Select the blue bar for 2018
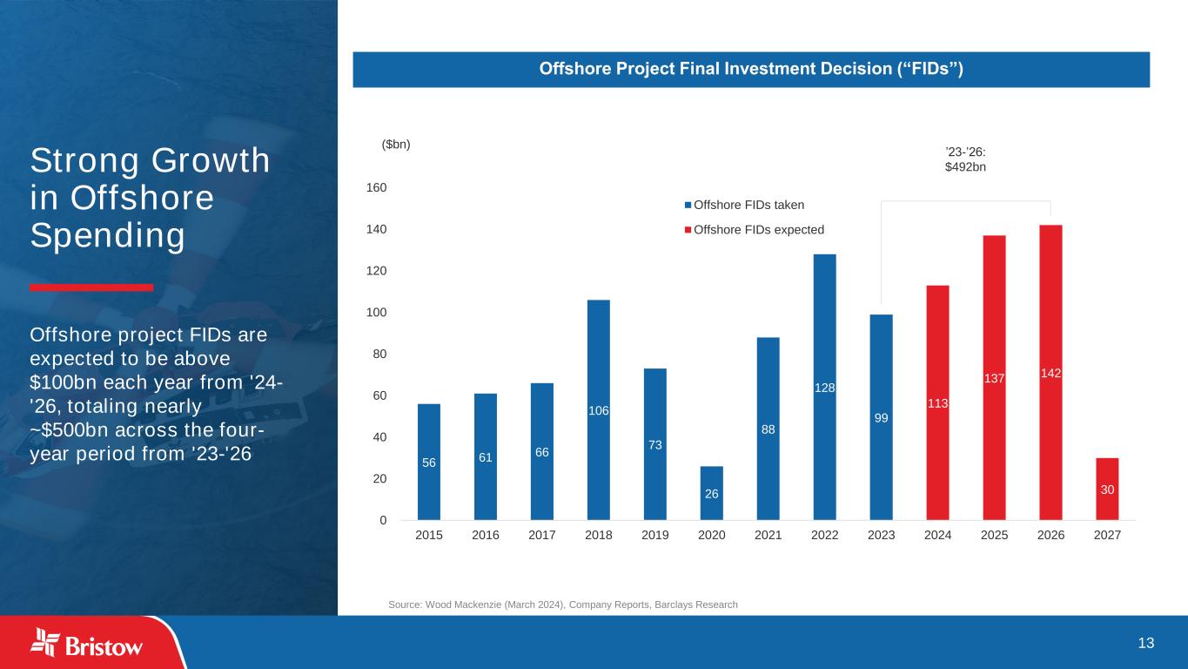pyautogui.click(x=599, y=409)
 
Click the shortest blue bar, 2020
pyautogui.click(x=712, y=493)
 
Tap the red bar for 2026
pyautogui.click(x=1050, y=372)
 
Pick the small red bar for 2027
pyautogui.click(x=1107, y=490)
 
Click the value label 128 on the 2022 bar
pyautogui.click(x=825, y=388)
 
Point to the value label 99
pyautogui.click(x=882, y=418)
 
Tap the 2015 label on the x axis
pyautogui.click(x=429, y=536)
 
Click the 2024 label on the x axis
pyautogui.click(x=938, y=536)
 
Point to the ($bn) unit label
pyautogui.click(x=396, y=145)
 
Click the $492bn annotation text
pyautogui.click(x=965, y=166)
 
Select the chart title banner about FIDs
pyautogui.click(x=751, y=69)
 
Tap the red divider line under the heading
pyautogui.click(x=91, y=287)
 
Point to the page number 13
pyautogui.click(x=1146, y=643)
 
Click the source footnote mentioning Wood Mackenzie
pyautogui.click(x=562, y=605)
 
